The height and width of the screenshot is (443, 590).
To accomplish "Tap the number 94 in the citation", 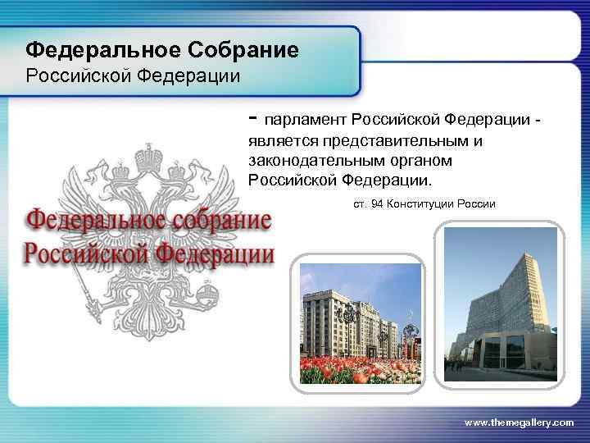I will [377, 203].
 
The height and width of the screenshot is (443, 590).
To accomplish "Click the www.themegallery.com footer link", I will [519, 422].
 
